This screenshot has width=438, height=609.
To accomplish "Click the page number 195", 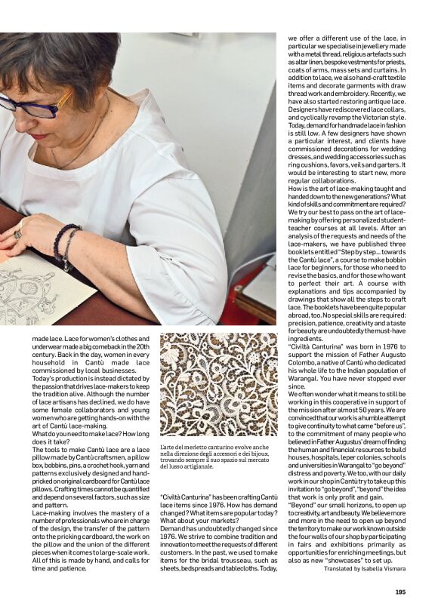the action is click(x=401, y=592).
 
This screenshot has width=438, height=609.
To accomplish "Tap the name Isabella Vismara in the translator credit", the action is click(x=383, y=569).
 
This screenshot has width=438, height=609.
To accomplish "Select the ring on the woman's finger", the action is click(x=17, y=234).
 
